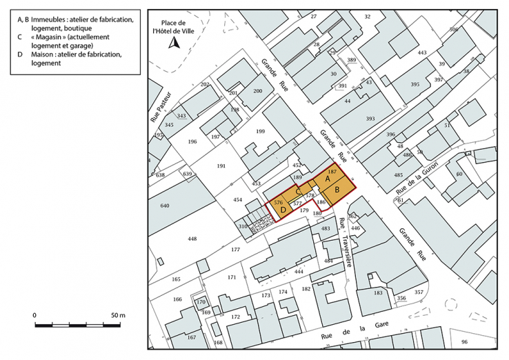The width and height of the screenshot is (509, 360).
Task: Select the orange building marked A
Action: point(328,178)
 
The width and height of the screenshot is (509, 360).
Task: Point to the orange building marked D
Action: point(282,210)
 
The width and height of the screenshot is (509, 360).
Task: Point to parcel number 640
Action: point(164,206)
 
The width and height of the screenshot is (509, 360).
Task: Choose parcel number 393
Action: point(370,119)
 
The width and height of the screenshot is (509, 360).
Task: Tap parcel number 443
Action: point(422,52)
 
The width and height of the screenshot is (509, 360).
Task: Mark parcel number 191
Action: point(221,166)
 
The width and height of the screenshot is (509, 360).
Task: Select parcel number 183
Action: point(378,293)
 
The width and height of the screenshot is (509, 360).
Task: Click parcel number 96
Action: point(464,342)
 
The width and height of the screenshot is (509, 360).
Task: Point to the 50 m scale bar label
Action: point(117,315)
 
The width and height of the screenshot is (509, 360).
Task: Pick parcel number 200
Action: point(258,91)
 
